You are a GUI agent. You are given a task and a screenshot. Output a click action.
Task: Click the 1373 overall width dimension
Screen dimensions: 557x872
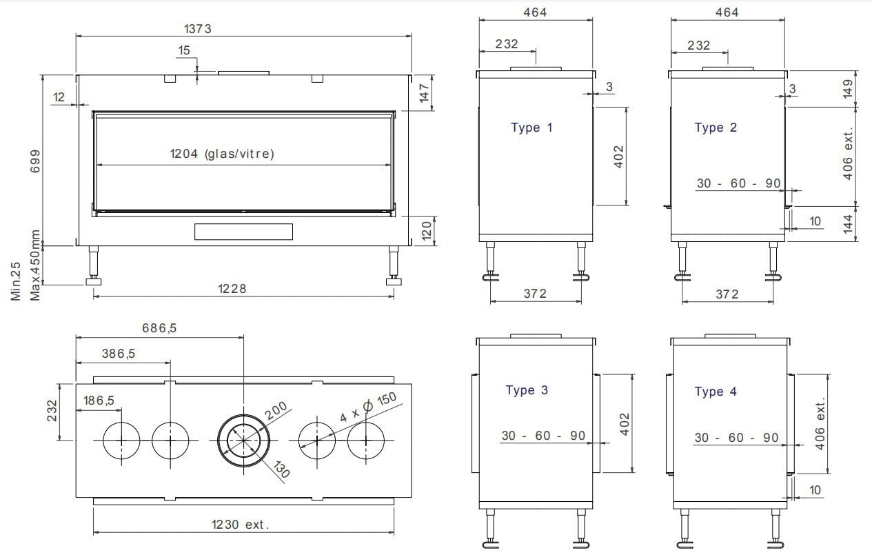tap(197, 28)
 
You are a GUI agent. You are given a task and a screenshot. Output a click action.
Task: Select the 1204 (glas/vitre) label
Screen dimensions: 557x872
tap(222, 154)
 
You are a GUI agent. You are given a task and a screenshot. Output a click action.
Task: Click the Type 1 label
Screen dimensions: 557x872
tap(531, 128)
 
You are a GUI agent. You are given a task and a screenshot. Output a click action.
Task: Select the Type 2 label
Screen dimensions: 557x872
tap(716, 128)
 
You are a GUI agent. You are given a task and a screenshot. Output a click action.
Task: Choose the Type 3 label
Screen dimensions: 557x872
tap(527, 390)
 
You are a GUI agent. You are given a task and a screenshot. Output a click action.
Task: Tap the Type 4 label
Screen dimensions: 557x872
tap(716, 392)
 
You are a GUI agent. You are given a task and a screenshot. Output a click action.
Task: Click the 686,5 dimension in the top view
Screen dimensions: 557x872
tap(159, 328)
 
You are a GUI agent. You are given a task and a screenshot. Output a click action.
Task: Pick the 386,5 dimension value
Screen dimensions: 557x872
tap(119, 354)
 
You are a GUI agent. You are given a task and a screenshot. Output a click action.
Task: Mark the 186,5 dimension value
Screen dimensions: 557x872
tap(99, 401)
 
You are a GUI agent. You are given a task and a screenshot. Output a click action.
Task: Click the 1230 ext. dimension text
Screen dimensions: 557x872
tap(239, 525)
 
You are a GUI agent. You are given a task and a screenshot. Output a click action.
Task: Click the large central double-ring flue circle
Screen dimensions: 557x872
tap(244, 440)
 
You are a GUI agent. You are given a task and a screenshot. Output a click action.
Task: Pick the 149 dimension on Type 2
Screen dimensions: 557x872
tap(848, 88)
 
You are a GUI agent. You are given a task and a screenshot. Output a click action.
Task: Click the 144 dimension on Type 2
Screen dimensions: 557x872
tap(848, 223)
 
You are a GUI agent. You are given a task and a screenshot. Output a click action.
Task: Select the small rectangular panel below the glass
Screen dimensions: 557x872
tap(243, 232)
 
